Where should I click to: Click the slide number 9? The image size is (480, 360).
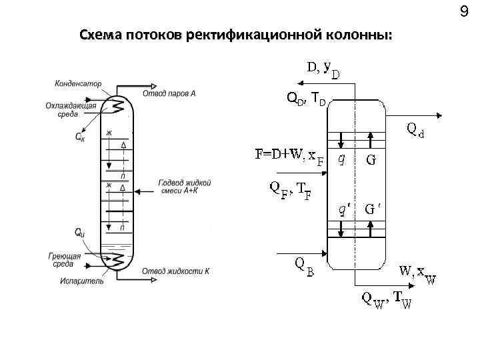pos(464,11)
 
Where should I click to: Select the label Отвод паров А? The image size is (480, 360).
pos(169,94)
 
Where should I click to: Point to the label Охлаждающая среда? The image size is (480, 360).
pos(71,110)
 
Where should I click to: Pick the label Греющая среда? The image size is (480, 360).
pos(65,260)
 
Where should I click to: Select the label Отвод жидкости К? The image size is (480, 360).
pos(175,271)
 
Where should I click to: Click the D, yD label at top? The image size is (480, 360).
pos(322,69)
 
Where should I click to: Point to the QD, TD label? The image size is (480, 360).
pos(306,99)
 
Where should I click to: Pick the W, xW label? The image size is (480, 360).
pos(418,273)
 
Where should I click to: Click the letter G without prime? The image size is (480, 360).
pos(370,160)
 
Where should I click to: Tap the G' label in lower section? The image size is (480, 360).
pos(373,208)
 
